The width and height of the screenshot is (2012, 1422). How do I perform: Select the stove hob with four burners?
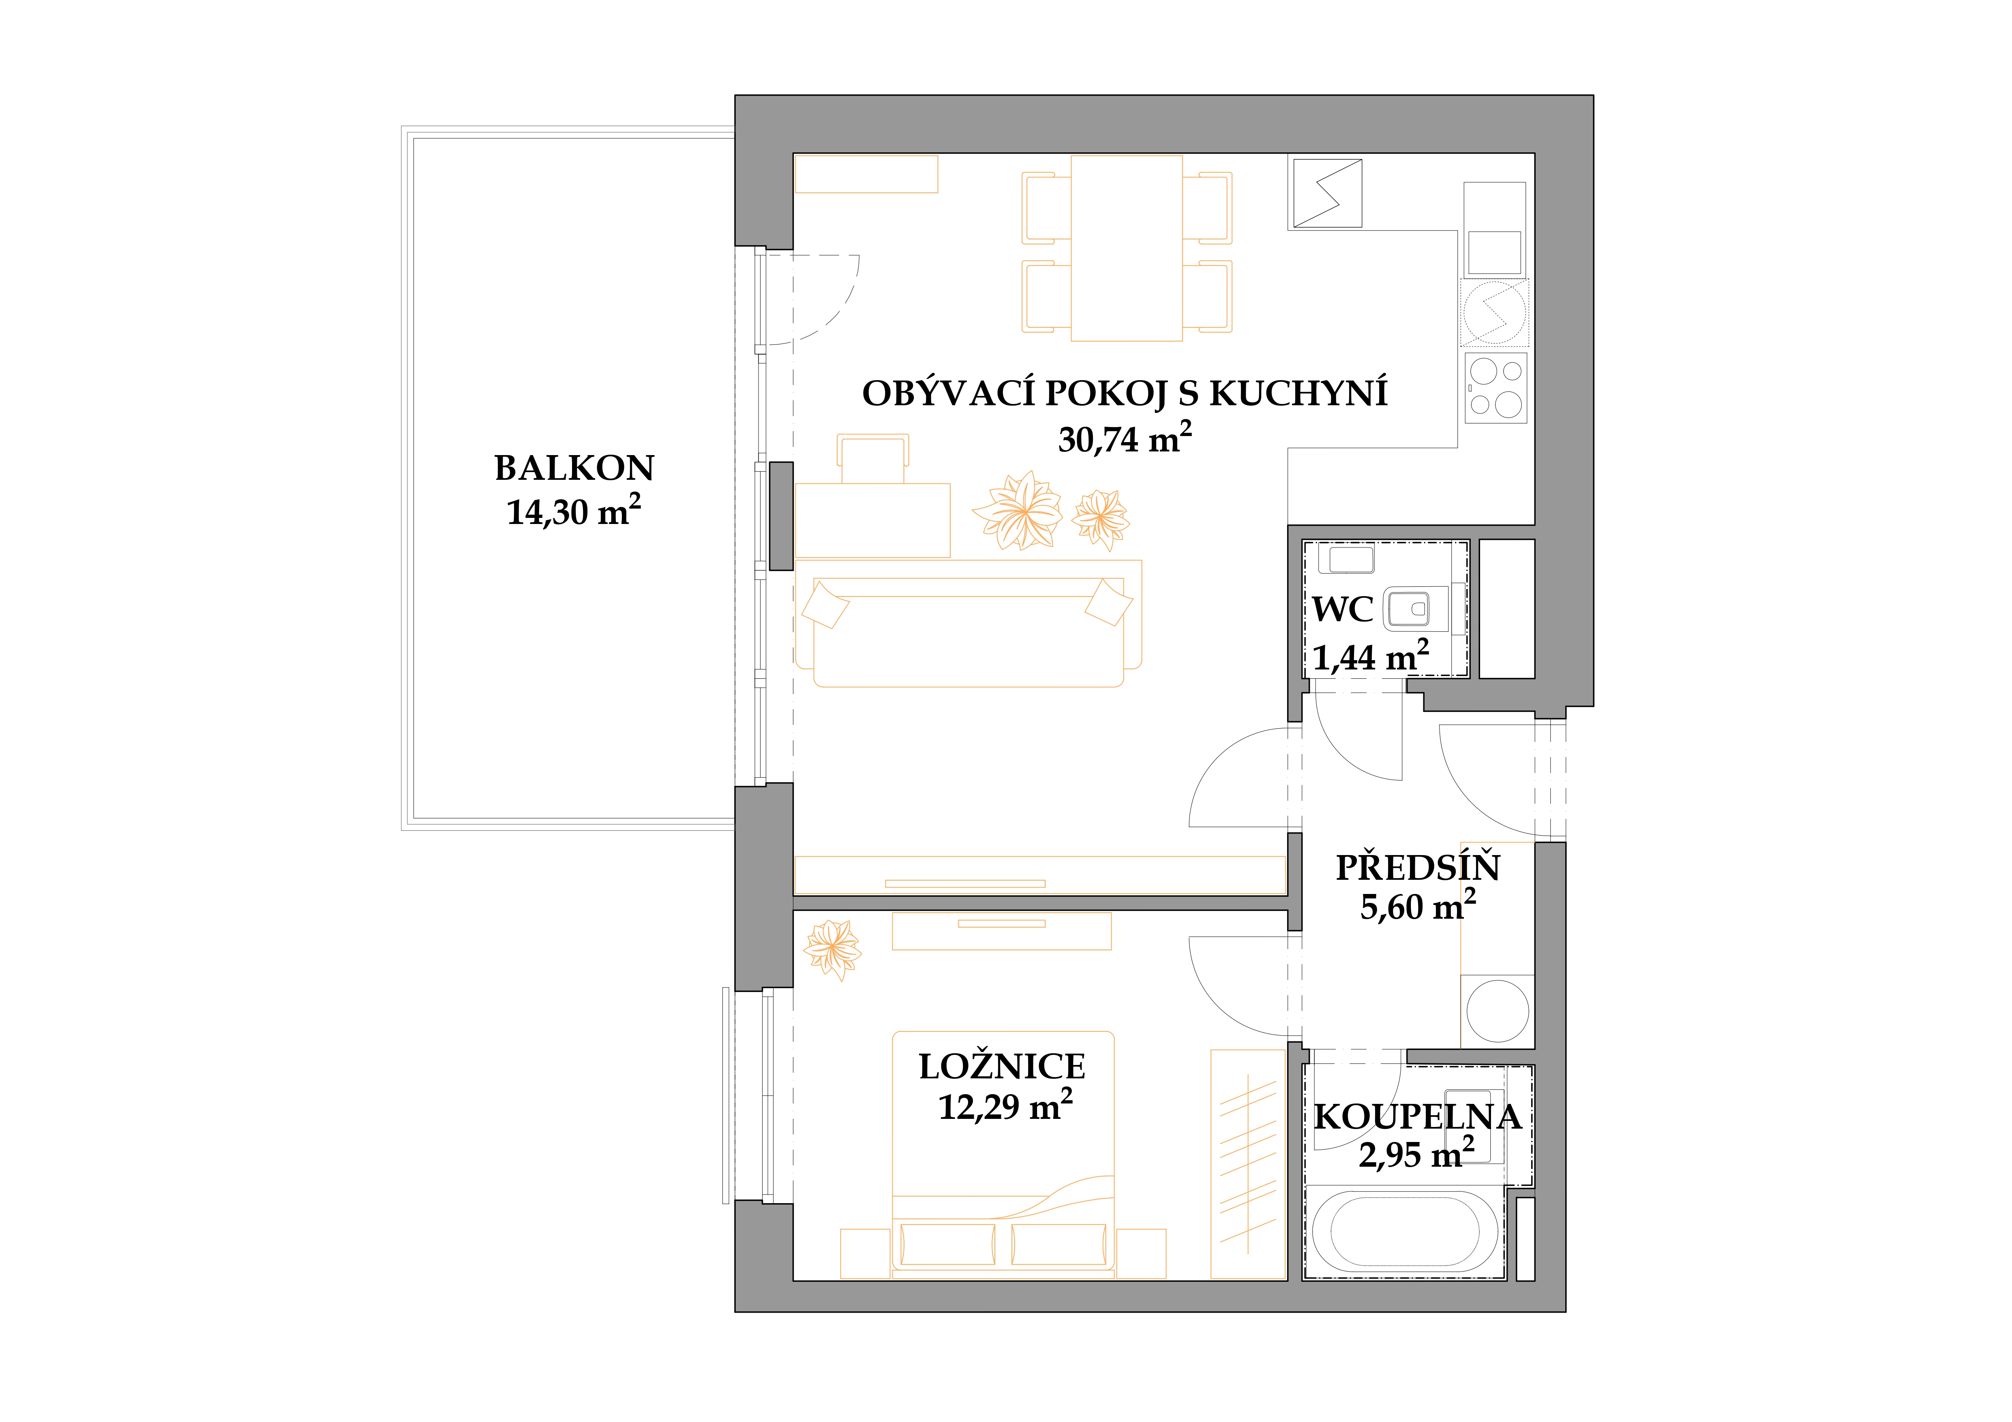click(1495, 388)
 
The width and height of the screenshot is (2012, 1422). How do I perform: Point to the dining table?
click(1127, 248)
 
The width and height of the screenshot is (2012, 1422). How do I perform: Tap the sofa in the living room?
click(969, 631)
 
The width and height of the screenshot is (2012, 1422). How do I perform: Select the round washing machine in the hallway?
click(1498, 1010)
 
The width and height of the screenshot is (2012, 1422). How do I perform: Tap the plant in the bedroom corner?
click(833, 949)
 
